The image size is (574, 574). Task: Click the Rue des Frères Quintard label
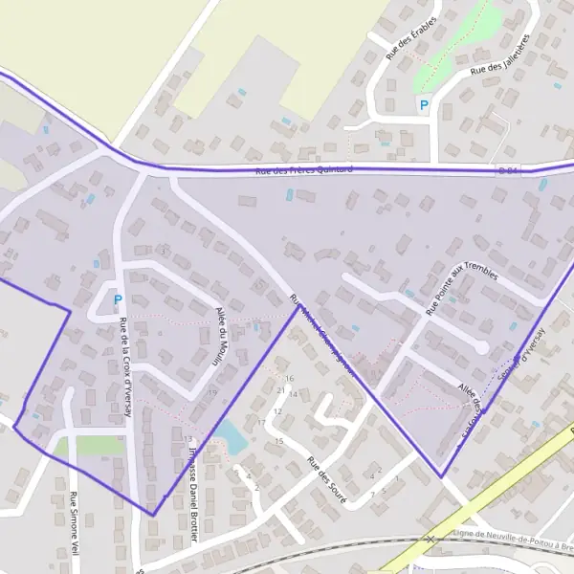pyautogui.click(x=304, y=170)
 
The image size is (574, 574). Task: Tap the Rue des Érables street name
pyautogui.click(x=411, y=37)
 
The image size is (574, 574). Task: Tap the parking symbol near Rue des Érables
pyautogui.click(x=423, y=104)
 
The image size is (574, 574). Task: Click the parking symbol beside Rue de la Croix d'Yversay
pyautogui.click(x=118, y=299)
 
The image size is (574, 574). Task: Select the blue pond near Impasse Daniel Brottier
pyautogui.click(x=229, y=438)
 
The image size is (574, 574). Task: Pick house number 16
pyautogui.click(x=289, y=378)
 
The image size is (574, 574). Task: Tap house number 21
pyautogui.click(x=280, y=364)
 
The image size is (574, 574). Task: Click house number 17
pyautogui.click(x=261, y=422)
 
